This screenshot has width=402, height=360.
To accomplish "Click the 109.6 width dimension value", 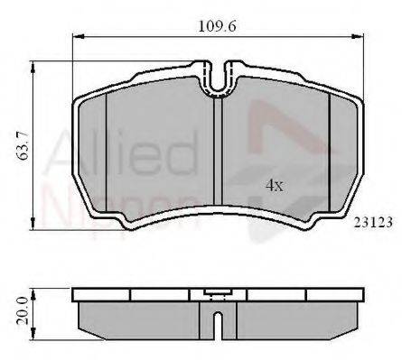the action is (x=217, y=26).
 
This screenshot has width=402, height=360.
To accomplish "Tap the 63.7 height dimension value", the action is (x=23, y=145).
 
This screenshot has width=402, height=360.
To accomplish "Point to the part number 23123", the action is (x=373, y=223).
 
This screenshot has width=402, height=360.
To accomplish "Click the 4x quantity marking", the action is (x=275, y=186).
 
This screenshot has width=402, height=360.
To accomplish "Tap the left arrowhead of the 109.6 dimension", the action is (x=78, y=36).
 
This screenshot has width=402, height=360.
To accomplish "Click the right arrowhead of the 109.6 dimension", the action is (x=359, y=36).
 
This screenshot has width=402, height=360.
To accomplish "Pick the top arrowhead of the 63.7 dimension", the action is (x=33, y=67).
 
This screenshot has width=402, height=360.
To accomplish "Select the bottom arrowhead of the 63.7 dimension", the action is (x=33, y=225).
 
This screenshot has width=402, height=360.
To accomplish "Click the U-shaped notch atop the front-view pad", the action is (x=218, y=79).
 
